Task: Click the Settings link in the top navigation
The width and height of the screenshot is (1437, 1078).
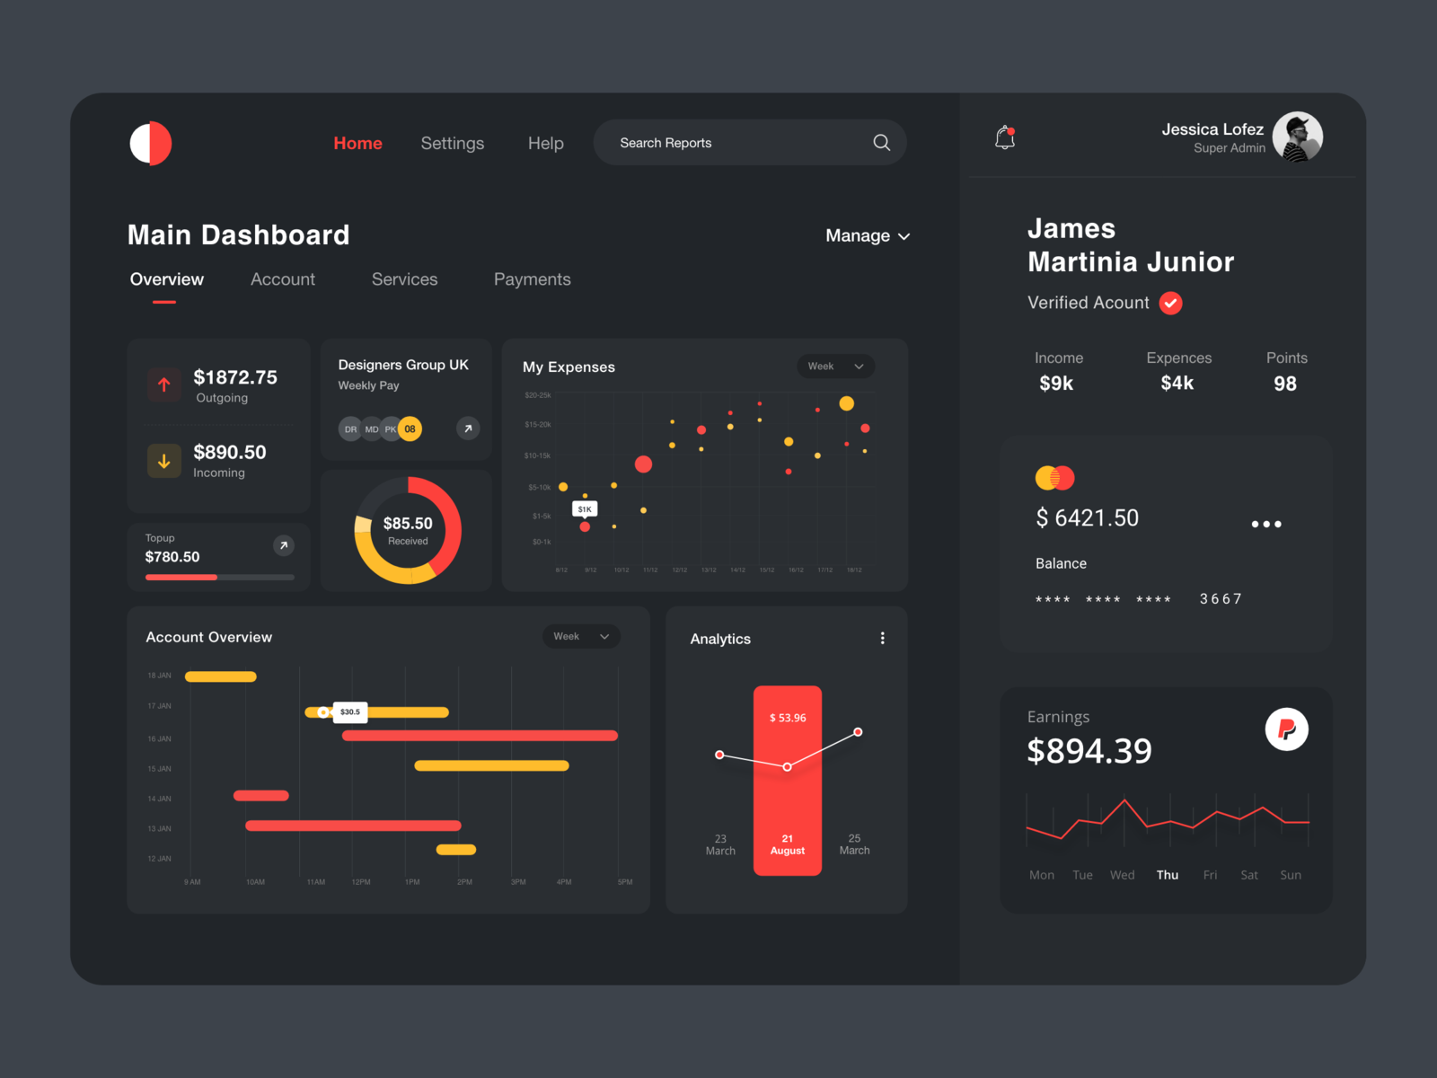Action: tap(452, 144)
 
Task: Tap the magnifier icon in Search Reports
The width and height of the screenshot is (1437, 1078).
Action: tap(881, 143)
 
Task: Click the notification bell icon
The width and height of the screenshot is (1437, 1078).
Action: tap(1005, 137)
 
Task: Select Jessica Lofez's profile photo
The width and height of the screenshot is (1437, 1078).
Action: tap(1297, 137)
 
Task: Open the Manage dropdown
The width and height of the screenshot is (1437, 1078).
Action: tap(867, 236)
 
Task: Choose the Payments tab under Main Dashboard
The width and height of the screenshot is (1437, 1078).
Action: tap(532, 279)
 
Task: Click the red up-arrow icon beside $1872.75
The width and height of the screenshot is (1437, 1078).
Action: tap(164, 385)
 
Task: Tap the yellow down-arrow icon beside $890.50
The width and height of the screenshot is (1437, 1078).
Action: tap(164, 461)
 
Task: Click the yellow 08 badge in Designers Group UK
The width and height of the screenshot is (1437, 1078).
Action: tap(410, 429)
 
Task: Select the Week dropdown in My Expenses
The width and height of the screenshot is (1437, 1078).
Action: tap(835, 367)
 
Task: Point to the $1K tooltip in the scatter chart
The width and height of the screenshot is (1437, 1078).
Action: tap(585, 509)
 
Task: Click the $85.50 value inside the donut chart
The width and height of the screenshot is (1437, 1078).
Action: tap(408, 524)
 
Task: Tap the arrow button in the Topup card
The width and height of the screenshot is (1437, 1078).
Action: tap(283, 545)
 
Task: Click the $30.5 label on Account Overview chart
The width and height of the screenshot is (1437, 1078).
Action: tap(350, 712)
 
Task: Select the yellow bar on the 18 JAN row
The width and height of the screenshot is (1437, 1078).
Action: tap(221, 676)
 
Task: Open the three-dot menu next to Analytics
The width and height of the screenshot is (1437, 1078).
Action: tap(882, 638)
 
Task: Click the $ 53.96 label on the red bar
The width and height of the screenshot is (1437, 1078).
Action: tap(788, 718)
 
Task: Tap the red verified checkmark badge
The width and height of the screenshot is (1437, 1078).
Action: tap(1170, 304)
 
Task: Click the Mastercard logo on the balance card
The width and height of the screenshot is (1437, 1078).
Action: tap(1054, 478)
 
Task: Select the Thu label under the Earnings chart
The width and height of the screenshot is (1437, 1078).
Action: tap(1167, 875)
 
